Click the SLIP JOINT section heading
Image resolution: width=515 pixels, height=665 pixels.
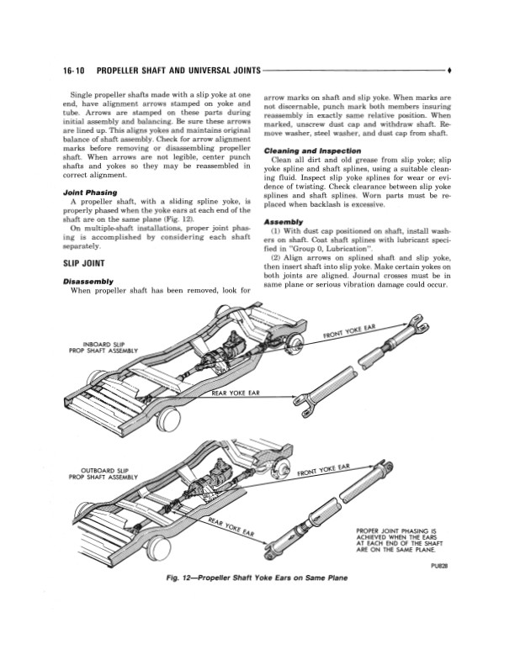tap(83, 263)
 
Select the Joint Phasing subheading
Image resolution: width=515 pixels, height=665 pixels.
tap(90, 193)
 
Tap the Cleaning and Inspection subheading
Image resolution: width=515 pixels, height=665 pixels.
tap(312, 151)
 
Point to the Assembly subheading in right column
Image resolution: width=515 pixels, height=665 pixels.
tap(284, 222)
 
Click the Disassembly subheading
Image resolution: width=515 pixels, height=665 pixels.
tap(88, 282)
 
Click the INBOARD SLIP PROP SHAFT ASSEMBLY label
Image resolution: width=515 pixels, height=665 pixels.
tap(104, 347)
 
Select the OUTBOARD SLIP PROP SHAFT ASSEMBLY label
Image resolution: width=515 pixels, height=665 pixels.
tap(104, 473)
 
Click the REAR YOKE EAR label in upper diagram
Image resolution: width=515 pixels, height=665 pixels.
tap(236, 393)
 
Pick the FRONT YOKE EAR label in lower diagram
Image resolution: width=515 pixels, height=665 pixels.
tap(323, 469)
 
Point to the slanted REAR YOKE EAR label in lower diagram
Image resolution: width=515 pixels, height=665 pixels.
tap(231, 527)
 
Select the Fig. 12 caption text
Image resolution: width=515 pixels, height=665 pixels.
tap(257, 578)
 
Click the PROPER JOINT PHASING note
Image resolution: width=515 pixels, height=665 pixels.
tap(400, 540)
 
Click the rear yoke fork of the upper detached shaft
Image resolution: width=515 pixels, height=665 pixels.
tap(304, 401)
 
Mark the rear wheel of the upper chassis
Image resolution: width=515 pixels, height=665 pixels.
tap(167, 417)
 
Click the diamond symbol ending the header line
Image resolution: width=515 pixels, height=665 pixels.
tap(449, 71)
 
